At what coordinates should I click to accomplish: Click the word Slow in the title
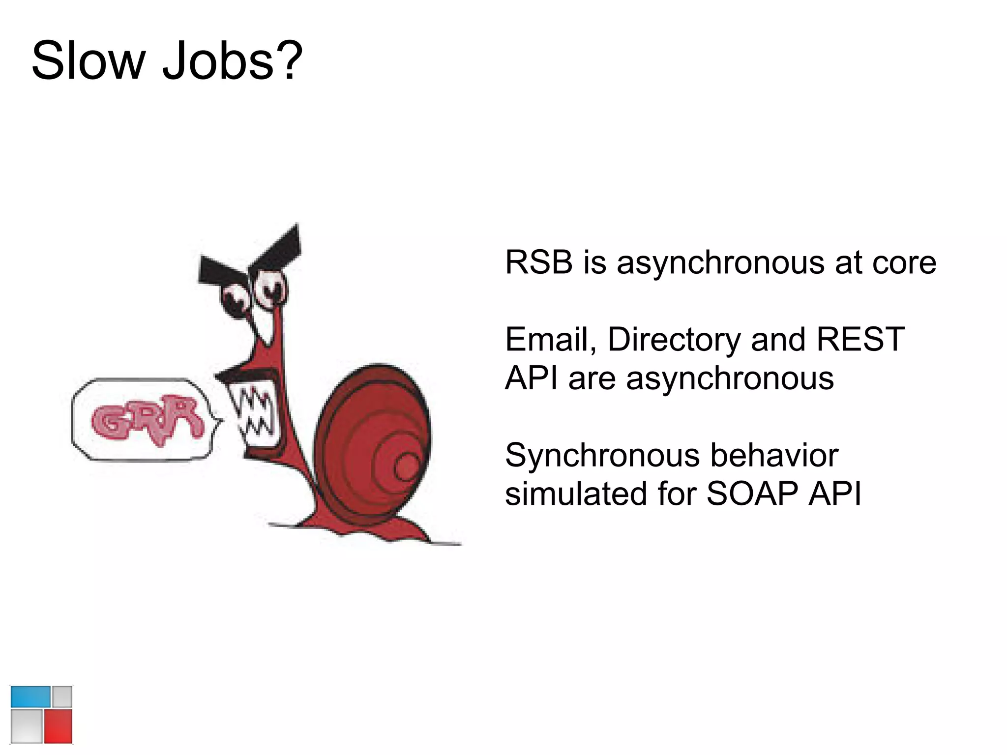coord(89,61)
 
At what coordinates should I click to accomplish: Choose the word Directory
coord(674,340)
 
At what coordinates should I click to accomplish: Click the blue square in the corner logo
coord(30,697)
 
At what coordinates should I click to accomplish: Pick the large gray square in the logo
coord(27,726)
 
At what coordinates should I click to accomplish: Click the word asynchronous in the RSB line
coord(720,263)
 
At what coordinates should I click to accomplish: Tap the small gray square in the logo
coord(62,697)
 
